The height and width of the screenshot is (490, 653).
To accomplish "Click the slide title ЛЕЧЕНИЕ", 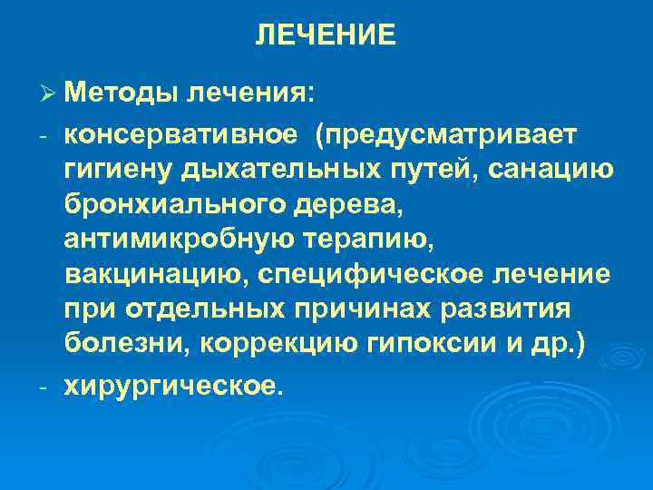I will [326, 35].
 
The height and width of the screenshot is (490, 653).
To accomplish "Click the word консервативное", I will [180, 134].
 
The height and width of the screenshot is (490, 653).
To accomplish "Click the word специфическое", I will [364, 274].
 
